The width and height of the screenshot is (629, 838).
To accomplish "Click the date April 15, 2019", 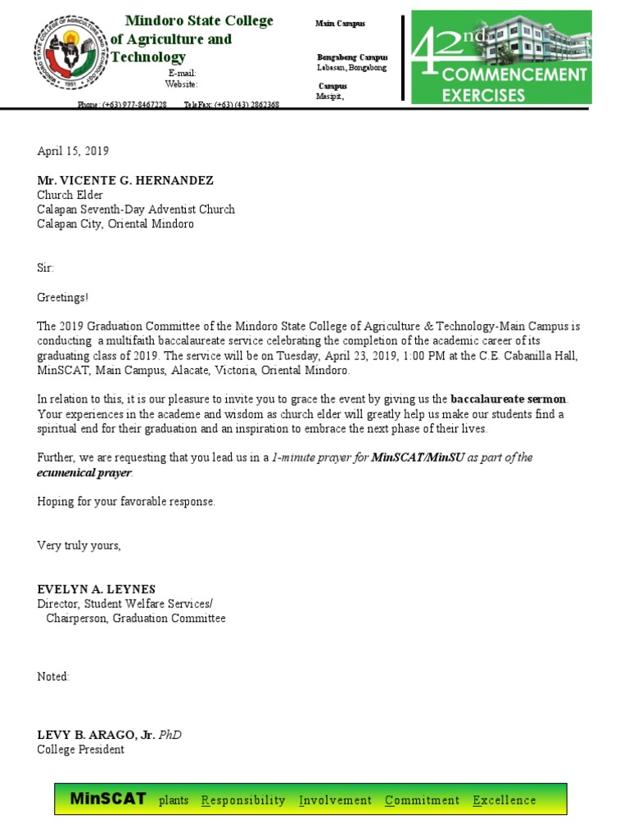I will [73, 151].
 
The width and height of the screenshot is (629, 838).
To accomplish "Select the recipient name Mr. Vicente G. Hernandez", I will [125, 181].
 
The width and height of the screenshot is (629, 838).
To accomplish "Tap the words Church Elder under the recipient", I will [70, 195].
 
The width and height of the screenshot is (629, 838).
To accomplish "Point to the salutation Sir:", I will [46, 268].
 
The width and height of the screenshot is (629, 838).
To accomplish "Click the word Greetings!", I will [63, 297].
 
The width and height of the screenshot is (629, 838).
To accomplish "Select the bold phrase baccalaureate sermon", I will [509, 399].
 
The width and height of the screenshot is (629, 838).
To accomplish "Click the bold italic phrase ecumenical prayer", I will [84, 472].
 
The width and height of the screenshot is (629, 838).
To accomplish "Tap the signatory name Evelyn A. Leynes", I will [96, 589].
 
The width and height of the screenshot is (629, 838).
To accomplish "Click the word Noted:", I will [54, 677].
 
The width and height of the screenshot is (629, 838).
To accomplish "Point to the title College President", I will [80, 749].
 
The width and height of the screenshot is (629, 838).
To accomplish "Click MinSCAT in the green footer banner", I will [108, 799].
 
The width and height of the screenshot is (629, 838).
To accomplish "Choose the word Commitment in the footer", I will [422, 800].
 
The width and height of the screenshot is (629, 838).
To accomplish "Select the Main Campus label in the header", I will [340, 25].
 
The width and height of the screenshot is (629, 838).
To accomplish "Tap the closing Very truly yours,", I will [79, 545].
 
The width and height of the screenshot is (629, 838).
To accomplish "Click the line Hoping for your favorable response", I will [126, 502].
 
